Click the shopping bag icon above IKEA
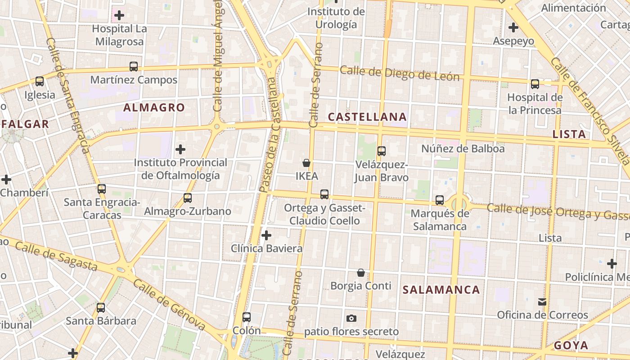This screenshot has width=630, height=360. point(306,163)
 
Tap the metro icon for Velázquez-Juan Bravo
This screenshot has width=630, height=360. point(382,151)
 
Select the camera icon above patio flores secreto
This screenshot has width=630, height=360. point(351,319)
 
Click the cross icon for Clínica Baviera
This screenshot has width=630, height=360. point(266,235)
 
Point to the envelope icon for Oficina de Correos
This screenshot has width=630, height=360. point(542,302)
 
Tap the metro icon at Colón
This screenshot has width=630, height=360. point(247,317)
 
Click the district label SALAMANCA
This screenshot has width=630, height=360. point(441,290)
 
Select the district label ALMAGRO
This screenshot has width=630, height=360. point(154,108)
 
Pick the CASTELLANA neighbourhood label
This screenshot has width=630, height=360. point(367,117)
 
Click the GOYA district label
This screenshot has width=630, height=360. point(571,346)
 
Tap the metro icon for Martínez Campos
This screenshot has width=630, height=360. point(134,67)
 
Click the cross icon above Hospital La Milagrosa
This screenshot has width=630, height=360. point(119,15)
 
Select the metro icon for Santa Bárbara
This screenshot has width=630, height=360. point(101,308)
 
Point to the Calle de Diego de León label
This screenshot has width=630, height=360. point(400,73)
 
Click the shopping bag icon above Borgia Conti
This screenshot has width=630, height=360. point(361,273)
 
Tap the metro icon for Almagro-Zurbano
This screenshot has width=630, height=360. point(188,198)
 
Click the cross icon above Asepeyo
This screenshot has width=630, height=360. point(513,27)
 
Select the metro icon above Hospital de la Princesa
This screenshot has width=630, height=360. point(535,84)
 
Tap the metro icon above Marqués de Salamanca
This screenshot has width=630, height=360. point(440,200)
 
